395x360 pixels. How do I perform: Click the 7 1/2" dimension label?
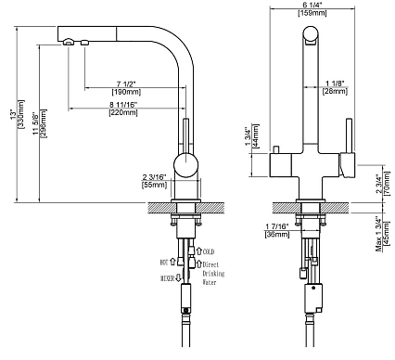point(126,84)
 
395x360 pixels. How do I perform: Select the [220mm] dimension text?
point(123,112)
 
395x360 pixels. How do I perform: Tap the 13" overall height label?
point(13,114)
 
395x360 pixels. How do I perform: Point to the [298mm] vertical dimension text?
point(44,123)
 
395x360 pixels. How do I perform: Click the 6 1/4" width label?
point(312,5)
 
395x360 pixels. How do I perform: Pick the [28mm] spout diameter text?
point(335,91)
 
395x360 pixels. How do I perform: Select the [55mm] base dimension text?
point(154,185)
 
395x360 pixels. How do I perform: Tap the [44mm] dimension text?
point(256,136)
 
